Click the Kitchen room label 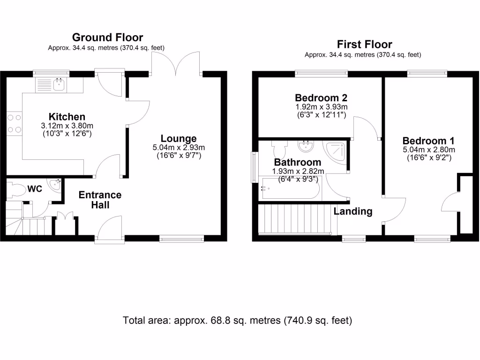(x=67, y=117)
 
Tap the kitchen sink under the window (x=59, y=85)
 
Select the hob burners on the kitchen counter (x=14, y=123)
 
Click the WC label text (x=35, y=189)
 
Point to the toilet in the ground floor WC (x=17, y=190)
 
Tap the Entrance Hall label (x=100, y=200)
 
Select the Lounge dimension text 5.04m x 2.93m (x=179, y=147)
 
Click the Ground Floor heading (x=107, y=37)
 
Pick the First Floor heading (x=364, y=45)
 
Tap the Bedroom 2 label (x=321, y=98)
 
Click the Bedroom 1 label (x=428, y=141)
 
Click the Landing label (x=352, y=211)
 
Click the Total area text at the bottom (x=237, y=321)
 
